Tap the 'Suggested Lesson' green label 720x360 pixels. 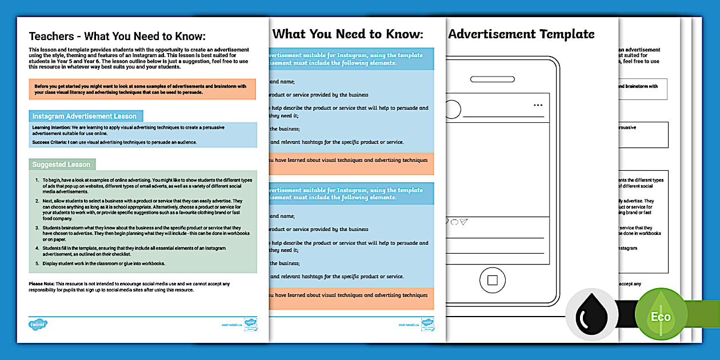point(62,165)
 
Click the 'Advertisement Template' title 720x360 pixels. point(521,34)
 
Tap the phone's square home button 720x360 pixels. point(493,280)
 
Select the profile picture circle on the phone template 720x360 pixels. point(453,109)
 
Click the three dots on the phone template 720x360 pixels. point(538,106)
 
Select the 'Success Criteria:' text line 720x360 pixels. point(114,142)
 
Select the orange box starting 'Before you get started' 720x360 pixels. point(142,89)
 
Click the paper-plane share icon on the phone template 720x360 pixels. point(464,222)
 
